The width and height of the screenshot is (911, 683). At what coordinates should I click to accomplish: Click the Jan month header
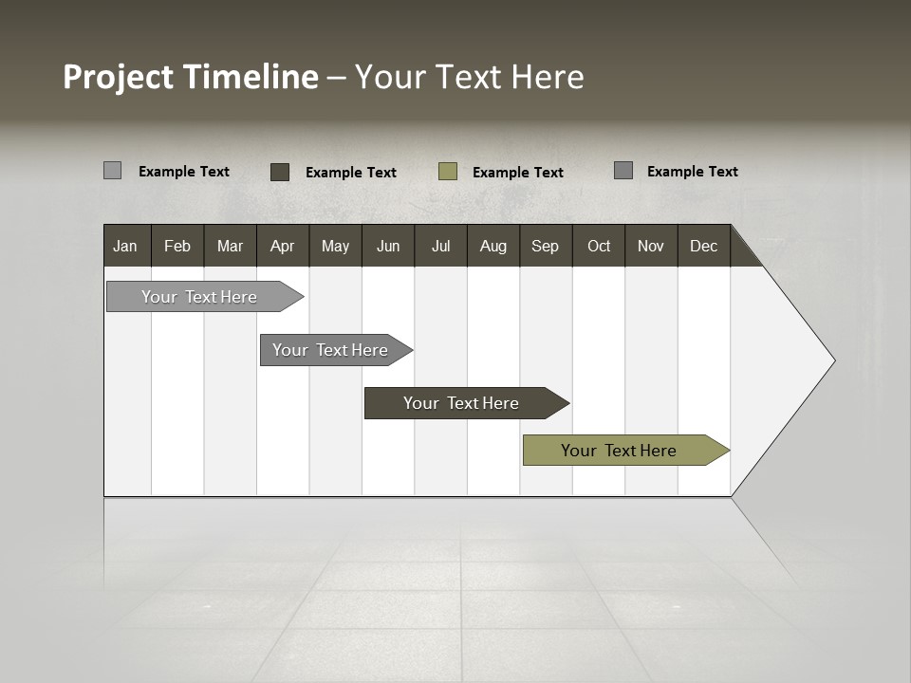[125, 246]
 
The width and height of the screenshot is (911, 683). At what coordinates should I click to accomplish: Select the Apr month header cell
[282, 246]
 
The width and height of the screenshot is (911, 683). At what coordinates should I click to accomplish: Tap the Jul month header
[440, 246]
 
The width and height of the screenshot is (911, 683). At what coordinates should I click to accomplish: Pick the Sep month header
[545, 246]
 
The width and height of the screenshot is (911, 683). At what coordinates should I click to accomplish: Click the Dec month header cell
[703, 246]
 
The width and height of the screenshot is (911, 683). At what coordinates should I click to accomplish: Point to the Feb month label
[177, 246]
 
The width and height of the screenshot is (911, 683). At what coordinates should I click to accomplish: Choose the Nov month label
[650, 246]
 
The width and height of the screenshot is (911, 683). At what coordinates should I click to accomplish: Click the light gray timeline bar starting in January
[199, 297]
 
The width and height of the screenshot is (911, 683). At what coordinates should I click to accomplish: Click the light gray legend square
[112, 171]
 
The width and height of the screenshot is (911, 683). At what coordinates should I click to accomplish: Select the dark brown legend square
[280, 172]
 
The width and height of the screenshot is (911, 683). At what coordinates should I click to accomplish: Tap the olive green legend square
[448, 172]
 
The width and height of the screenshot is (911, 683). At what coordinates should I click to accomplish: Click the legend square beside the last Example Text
[623, 171]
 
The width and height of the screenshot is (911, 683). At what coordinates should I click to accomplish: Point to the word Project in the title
[119, 77]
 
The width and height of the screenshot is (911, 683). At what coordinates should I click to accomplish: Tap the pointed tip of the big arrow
[831, 360]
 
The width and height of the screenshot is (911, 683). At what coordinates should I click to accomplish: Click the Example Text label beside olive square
[517, 173]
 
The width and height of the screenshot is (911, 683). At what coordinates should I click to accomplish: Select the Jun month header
[387, 246]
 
